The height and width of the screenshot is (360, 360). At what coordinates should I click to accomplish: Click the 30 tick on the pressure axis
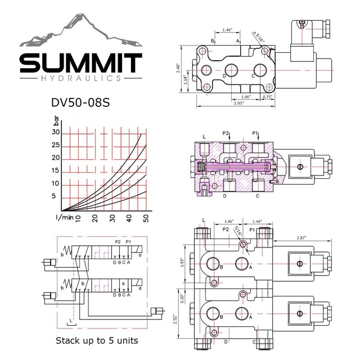click(56, 132)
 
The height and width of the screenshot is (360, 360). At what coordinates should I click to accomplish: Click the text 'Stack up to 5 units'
click(96, 341)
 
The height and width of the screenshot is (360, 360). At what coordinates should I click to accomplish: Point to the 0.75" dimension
click(267, 97)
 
